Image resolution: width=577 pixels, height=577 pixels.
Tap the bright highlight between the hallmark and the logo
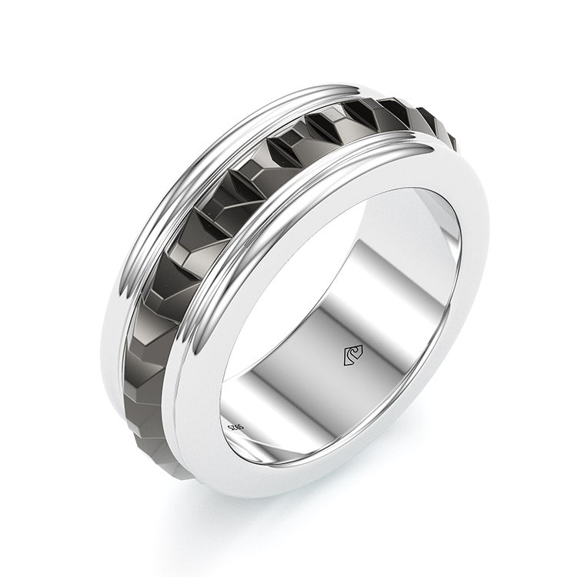coord(292,400)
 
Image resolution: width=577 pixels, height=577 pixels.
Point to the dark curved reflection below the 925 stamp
coord(254,454)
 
